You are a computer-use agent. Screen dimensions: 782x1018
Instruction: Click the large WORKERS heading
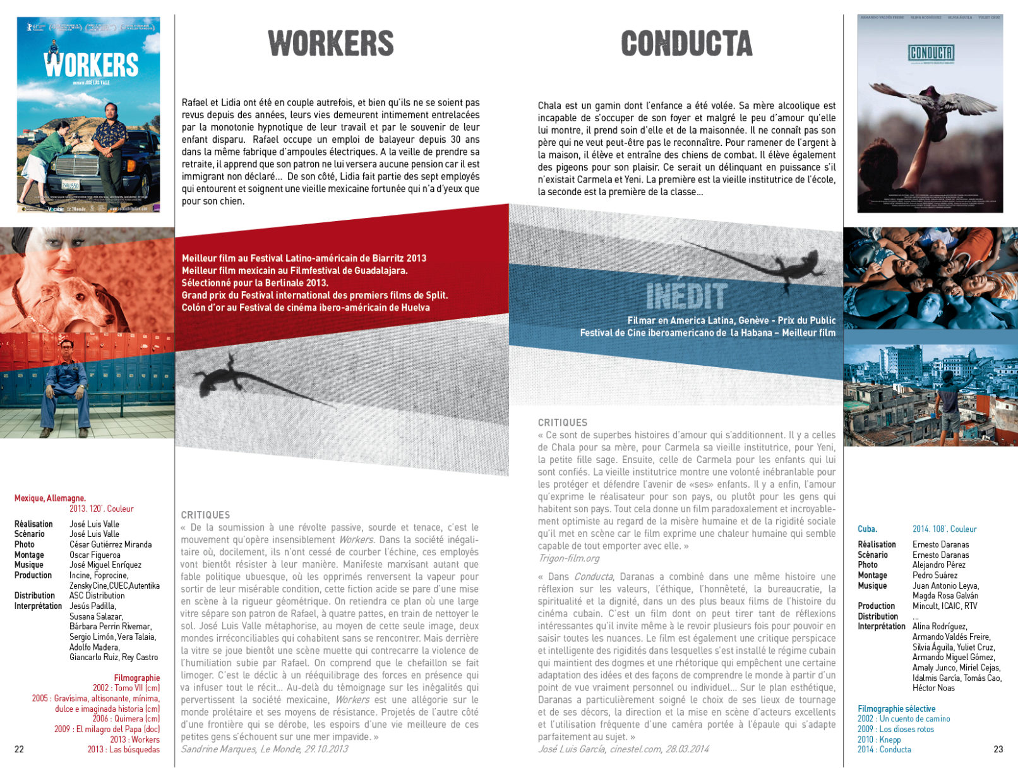331,44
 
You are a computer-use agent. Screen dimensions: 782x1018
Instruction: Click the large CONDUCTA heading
686,44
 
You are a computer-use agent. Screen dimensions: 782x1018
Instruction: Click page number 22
19,749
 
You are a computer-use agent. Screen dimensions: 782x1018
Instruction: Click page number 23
998,749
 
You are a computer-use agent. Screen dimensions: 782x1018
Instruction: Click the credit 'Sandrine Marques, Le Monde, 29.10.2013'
264,749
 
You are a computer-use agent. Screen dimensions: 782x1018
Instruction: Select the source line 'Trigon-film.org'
568,558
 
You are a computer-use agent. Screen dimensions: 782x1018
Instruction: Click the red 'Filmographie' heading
136,678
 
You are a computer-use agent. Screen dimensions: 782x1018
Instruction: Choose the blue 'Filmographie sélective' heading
896,709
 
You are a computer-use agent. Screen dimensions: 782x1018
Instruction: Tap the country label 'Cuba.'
867,529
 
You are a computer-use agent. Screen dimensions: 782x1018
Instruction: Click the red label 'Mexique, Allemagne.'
50,498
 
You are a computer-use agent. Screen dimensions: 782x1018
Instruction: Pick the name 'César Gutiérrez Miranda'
111,544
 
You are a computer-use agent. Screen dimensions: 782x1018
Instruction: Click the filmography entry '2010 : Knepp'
879,740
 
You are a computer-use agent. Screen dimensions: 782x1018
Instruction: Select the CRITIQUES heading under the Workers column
205,515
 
